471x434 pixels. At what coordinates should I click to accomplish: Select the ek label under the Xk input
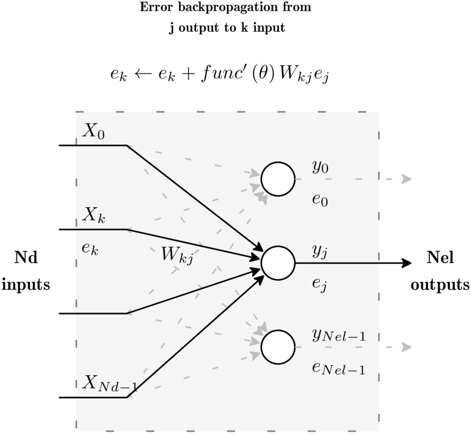click(90, 249)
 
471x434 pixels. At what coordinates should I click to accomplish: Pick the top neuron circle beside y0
click(278, 179)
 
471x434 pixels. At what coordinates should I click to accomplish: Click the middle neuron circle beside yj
click(278, 263)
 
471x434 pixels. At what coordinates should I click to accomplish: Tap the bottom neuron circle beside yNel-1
click(278, 347)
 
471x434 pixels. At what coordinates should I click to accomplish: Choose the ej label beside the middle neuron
click(320, 285)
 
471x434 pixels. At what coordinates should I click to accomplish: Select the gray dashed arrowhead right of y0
click(406, 179)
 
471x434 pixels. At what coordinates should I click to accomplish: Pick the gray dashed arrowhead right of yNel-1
click(406, 347)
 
